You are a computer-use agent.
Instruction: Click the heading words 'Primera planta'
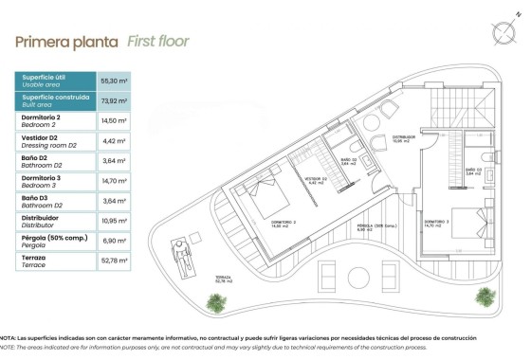(65, 42)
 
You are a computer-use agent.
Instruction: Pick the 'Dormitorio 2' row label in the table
(42, 117)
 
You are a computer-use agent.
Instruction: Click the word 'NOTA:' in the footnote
(8, 337)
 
